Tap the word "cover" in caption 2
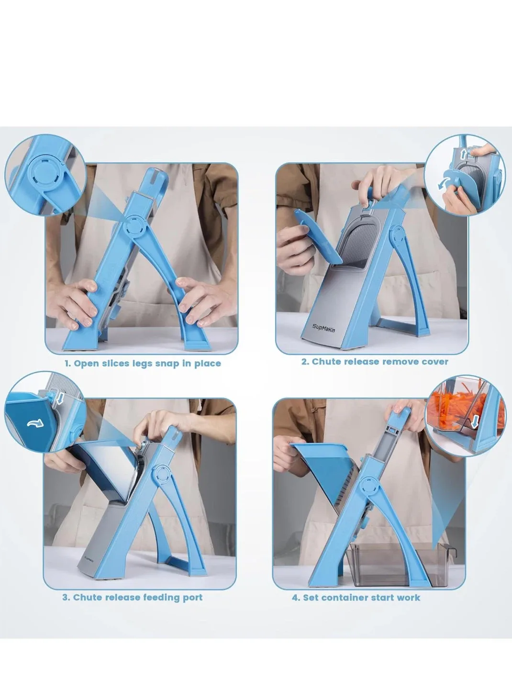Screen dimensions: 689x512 pyautogui.click(x=435, y=361)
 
